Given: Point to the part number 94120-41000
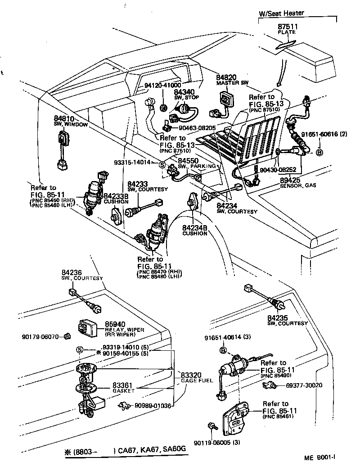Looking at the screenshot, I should (162, 85).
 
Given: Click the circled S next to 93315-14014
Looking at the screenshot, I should (162, 164).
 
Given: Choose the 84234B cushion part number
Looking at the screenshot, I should (194, 228).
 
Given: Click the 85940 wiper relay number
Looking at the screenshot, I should (115, 324).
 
